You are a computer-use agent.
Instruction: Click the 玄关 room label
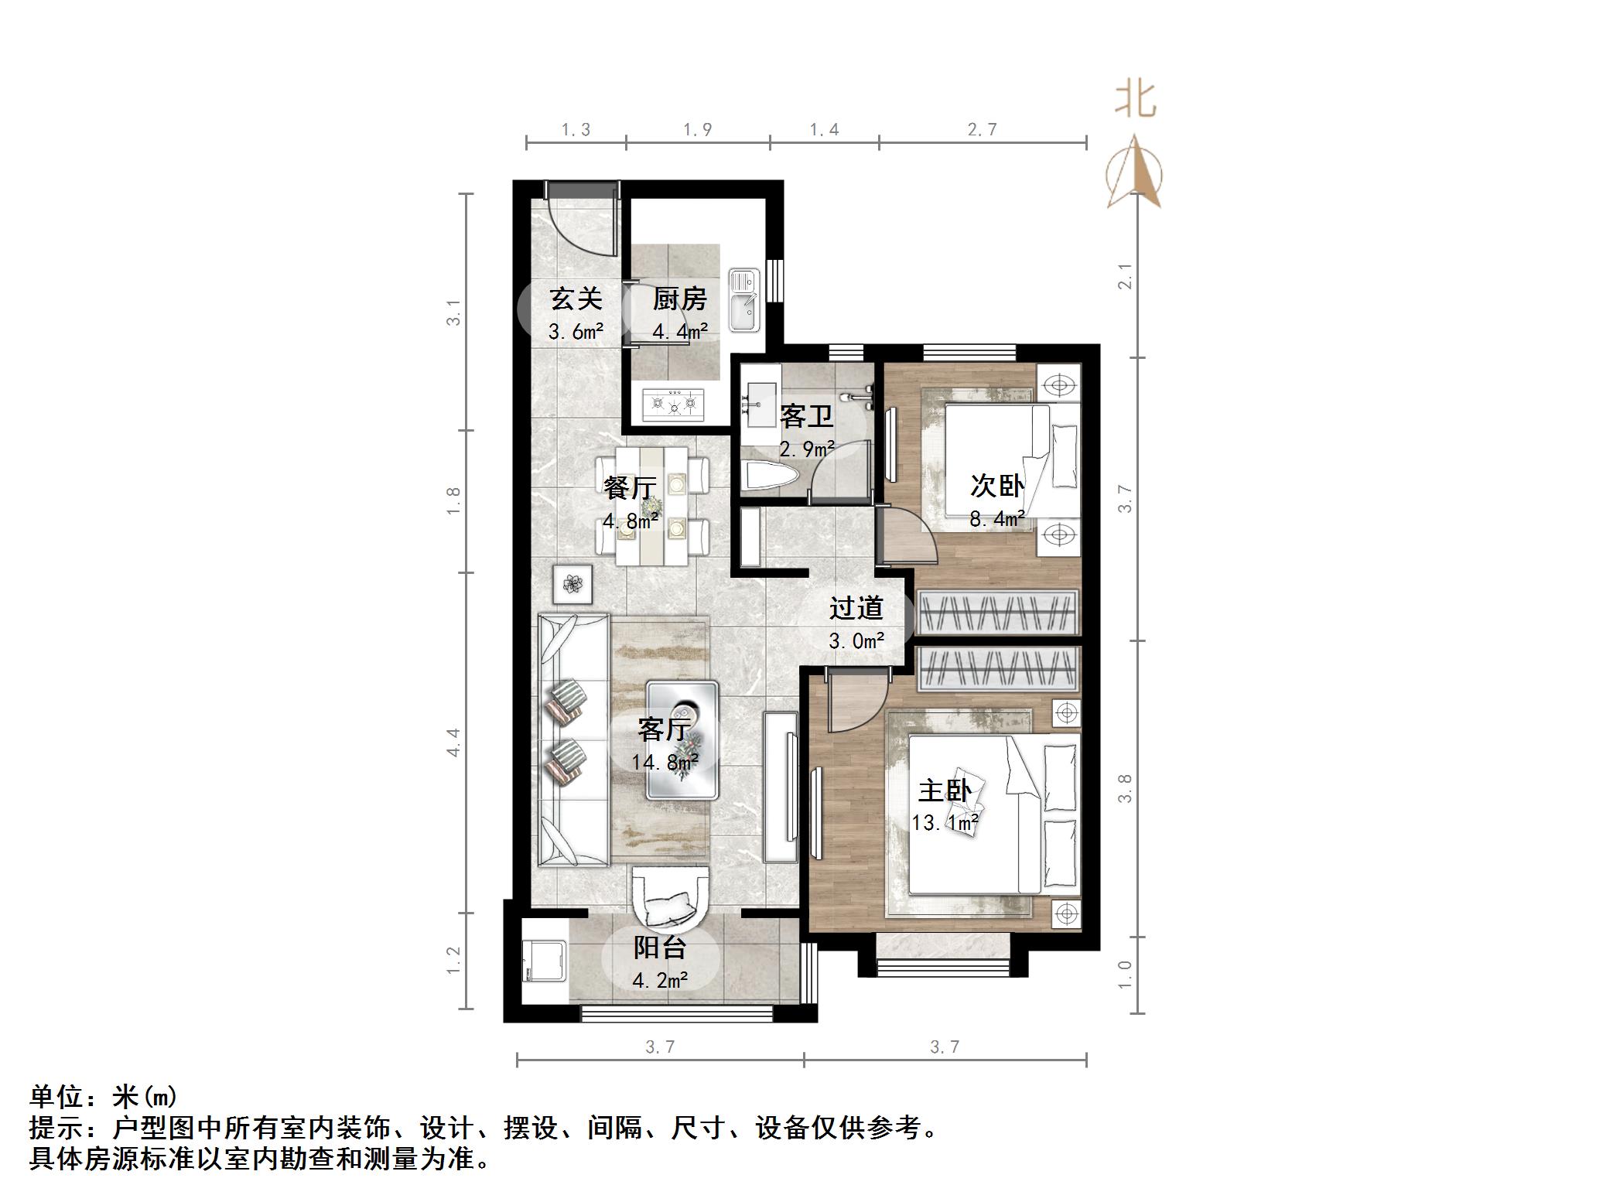(x=576, y=299)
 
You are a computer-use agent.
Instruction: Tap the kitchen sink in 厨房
(x=746, y=299)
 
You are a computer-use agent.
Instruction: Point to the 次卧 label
(x=997, y=487)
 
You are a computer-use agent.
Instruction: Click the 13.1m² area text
(x=945, y=823)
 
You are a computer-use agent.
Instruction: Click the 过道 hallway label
(x=856, y=608)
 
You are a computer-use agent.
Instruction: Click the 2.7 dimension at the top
(x=983, y=130)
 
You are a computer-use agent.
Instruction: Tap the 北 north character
(x=1135, y=100)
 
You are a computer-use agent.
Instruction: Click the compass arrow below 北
(x=1134, y=174)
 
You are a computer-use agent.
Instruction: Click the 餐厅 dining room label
(x=630, y=488)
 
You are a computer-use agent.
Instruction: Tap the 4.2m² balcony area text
(x=660, y=981)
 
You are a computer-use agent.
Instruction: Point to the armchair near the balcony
(x=670, y=897)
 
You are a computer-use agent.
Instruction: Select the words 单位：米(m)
(x=104, y=1097)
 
